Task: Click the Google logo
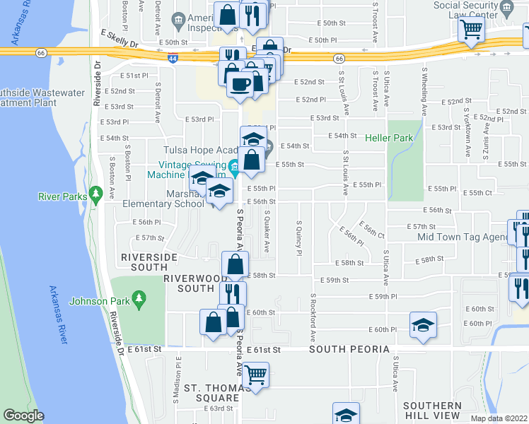pyautogui.click(x=24, y=416)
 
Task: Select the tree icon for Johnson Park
pyautogui.click(x=139, y=300)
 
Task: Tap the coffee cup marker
pyautogui.click(x=239, y=85)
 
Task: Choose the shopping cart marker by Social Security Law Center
pyautogui.click(x=470, y=30)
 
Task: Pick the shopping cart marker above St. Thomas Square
pyautogui.click(x=255, y=374)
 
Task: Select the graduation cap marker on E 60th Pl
pyautogui.click(x=423, y=325)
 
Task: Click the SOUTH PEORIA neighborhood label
pyautogui.click(x=349, y=350)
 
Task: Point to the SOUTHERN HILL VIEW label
pyautogui.click(x=433, y=411)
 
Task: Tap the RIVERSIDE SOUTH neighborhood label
pyautogui.click(x=144, y=262)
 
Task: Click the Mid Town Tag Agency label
pyautogui.click(x=463, y=237)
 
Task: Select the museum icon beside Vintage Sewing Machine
pyautogui.click(x=233, y=170)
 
